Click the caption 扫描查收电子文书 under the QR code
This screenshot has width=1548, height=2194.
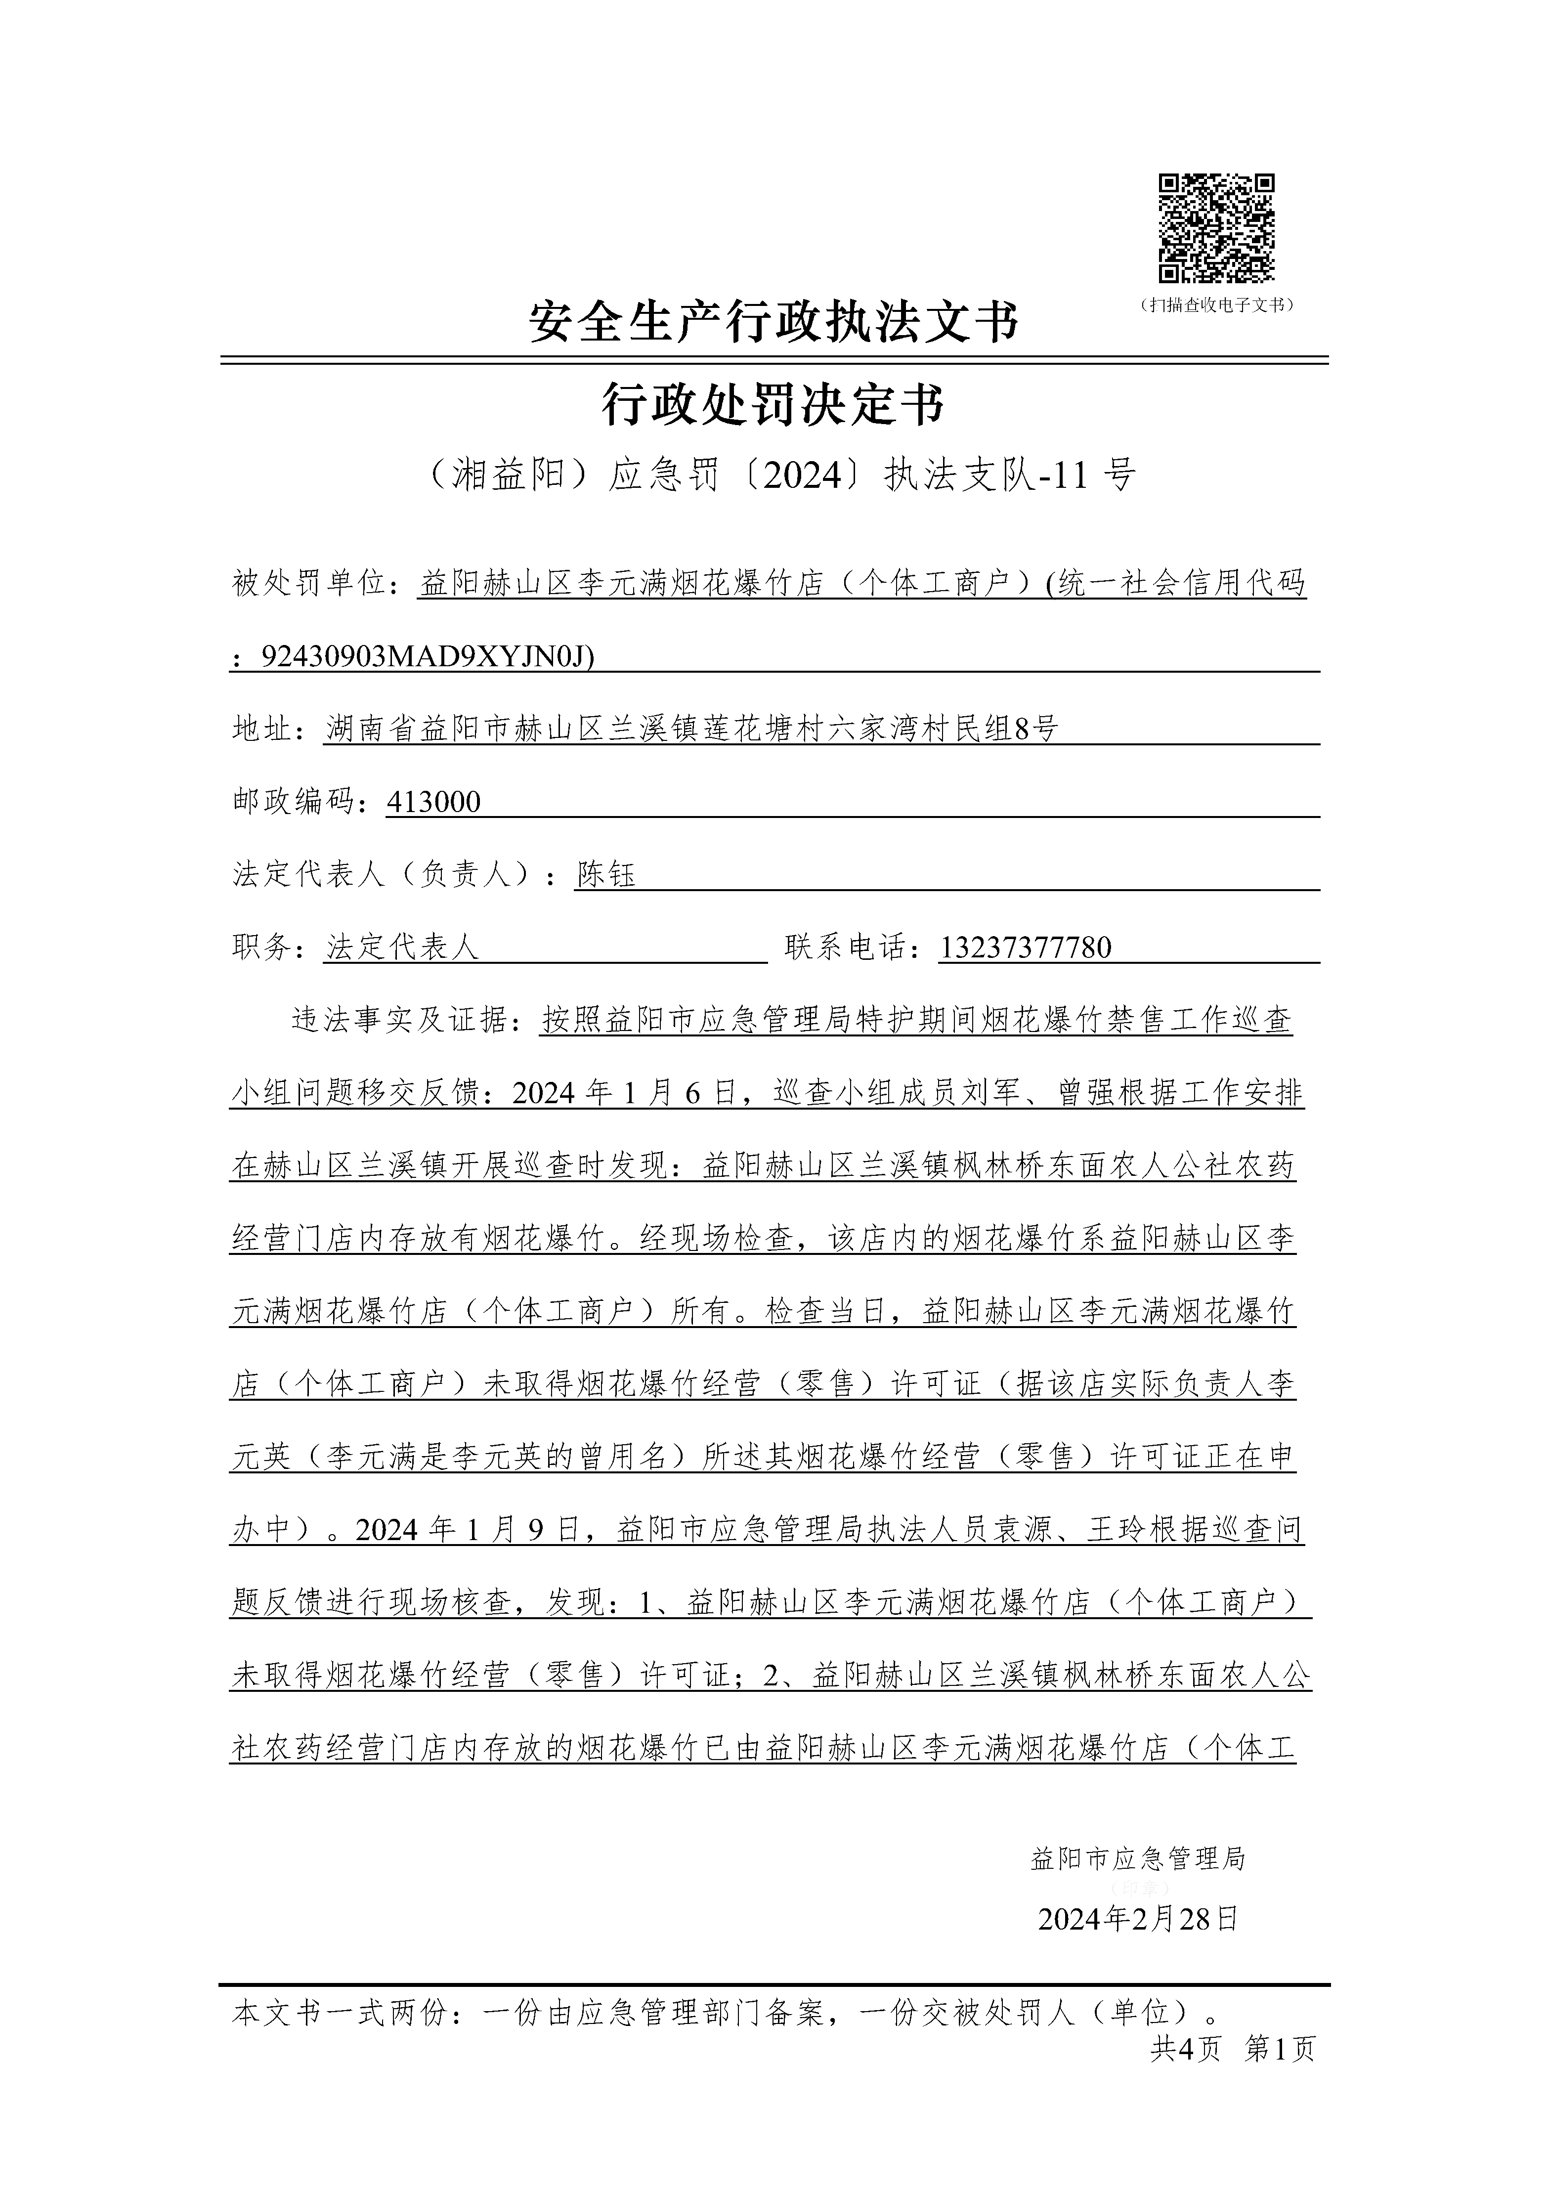1216,305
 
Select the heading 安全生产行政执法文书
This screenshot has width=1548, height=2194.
774,322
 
